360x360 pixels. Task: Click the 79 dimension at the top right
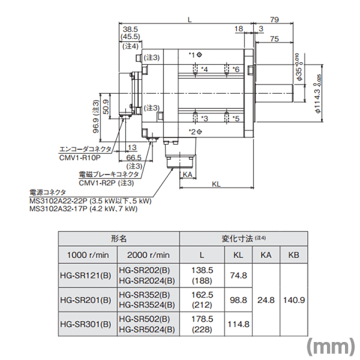point(274,19)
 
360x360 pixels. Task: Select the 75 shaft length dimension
point(274,39)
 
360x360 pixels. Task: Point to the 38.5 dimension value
point(130,29)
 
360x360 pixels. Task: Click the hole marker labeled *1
point(199,54)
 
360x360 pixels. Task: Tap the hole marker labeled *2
point(199,131)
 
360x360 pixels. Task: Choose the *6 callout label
point(236,69)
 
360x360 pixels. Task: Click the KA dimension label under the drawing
point(187,174)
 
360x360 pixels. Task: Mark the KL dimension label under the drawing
point(216,184)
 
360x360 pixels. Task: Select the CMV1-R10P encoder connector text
point(80,157)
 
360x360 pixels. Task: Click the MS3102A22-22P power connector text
point(58,201)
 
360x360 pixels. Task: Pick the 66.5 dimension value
point(134,157)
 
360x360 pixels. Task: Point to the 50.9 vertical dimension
point(106,106)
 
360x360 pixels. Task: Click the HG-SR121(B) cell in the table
point(85,275)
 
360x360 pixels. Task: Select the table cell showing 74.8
point(238,275)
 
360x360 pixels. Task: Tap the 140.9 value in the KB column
point(294,300)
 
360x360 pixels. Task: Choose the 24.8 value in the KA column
point(266,300)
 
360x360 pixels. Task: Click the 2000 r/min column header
point(148,255)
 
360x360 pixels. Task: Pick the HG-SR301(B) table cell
point(85,324)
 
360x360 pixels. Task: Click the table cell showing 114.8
point(238,324)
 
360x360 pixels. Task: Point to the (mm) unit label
point(331,346)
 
